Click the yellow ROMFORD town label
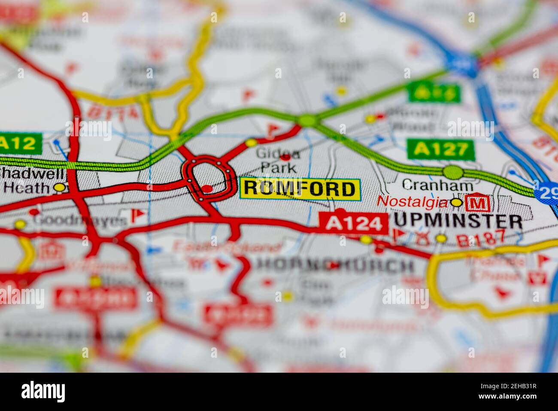pyautogui.click(x=300, y=189)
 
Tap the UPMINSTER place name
pyautogui.click(x=458, y=221)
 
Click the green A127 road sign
pyautogui.click(x=440, y=150)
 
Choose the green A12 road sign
pyautogui.click(x=20, y=144)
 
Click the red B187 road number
pyautogui.click(x=481, y=239)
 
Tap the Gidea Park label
pyautogui.click(x=278, y=159)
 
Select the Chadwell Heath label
pyautogui.click(x=30, y=181)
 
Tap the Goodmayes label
pyautogui.click(x=81, y=221)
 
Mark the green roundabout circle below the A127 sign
pyautogui.click(x=453, y=172)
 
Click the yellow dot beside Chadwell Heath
pyautogui.click(x=60, y=187)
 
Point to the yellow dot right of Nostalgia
pyautogui.click(x=456, y=202)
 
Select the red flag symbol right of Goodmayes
pyautogui.click(x=137, y=214)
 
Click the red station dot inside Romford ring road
pyautogui.click(x=207, y=188)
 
